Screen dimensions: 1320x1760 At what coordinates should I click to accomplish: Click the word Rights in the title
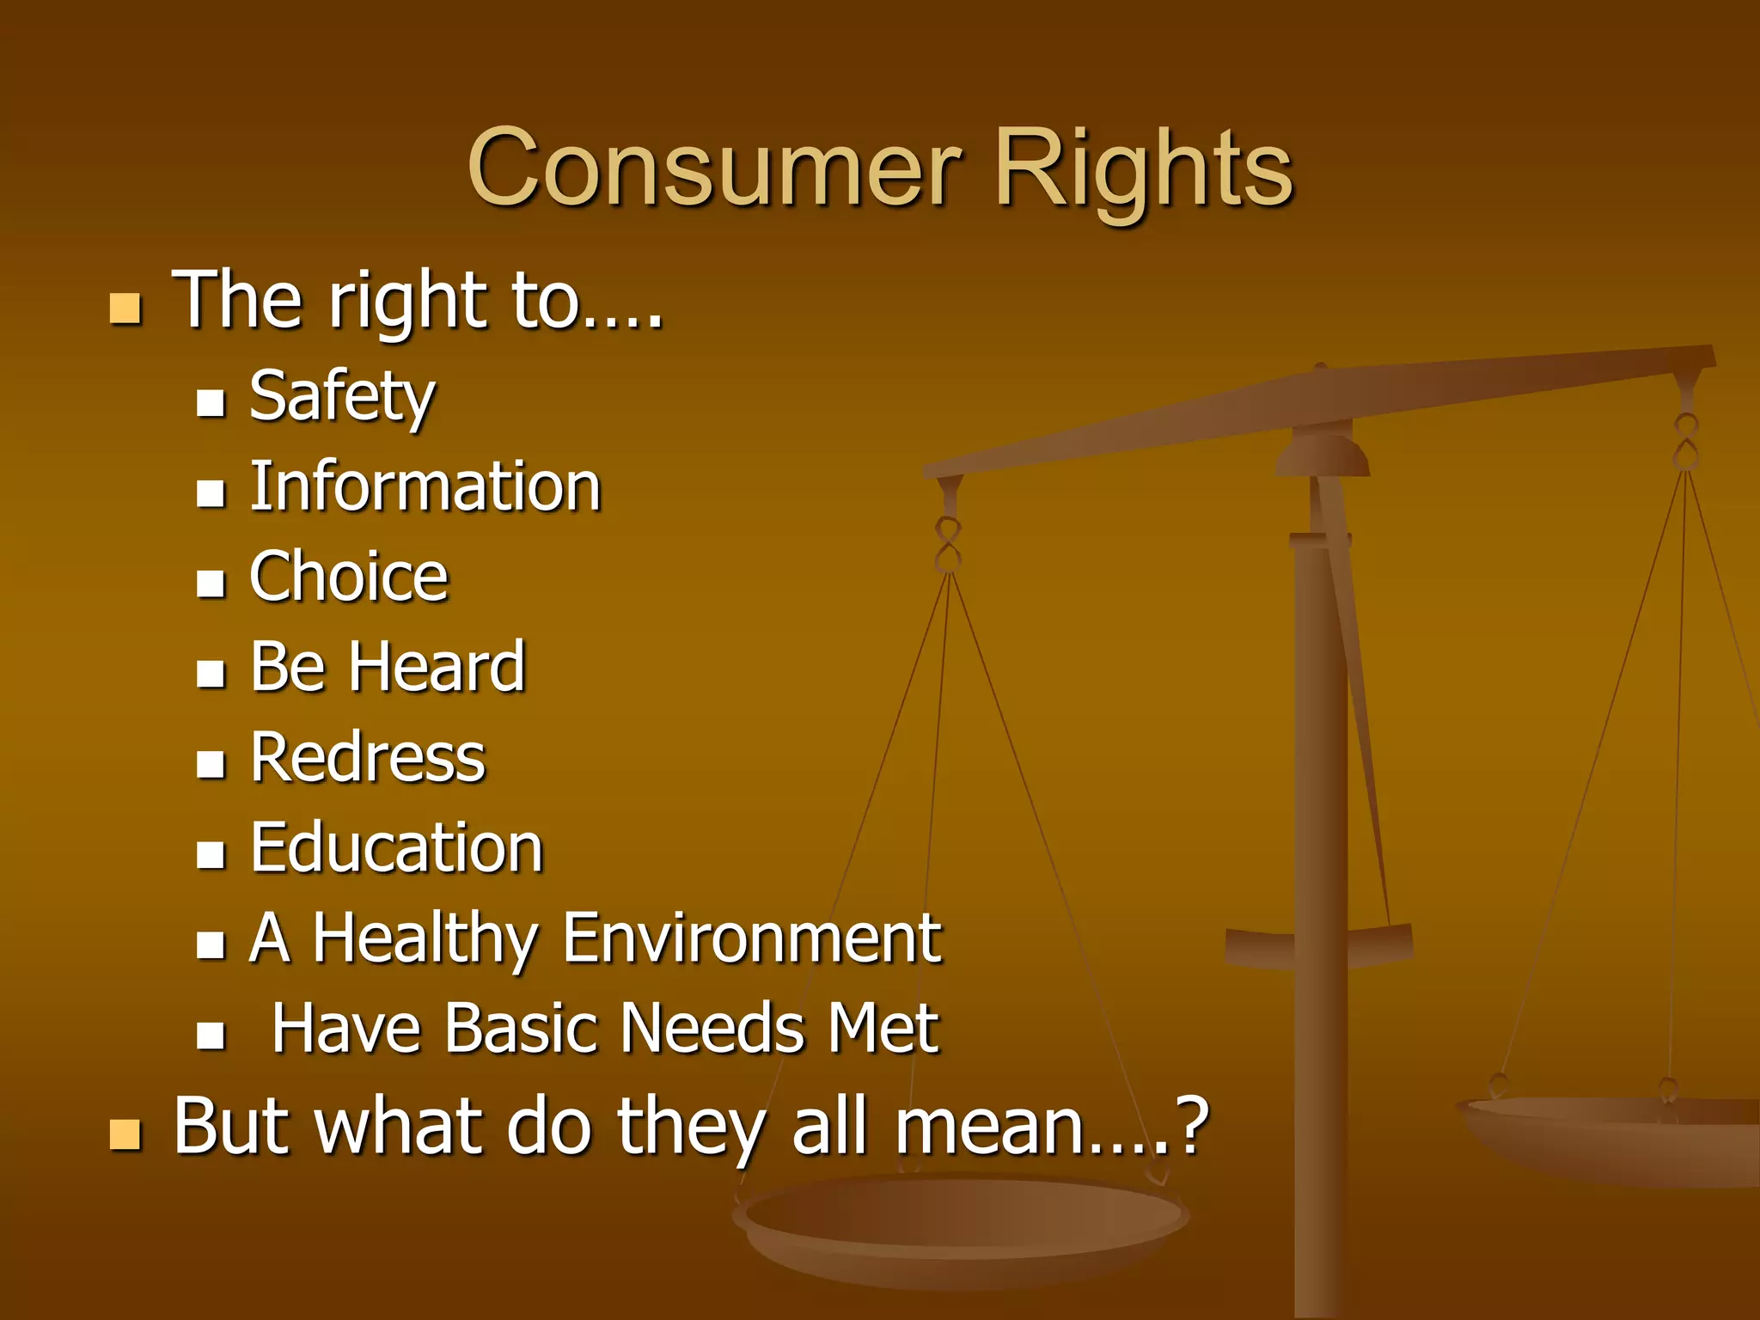[1143, 169]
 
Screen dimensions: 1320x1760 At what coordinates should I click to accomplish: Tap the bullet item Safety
[342, 397]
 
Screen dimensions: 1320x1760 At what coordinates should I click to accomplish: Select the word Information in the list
[425, 487]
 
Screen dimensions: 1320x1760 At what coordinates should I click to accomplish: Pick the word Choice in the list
[349, 577]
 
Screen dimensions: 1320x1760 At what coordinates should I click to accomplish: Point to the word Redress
[368, 758]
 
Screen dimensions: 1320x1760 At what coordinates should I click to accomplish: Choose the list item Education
[396, 848]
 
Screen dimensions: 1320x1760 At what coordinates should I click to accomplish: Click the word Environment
[752, 938]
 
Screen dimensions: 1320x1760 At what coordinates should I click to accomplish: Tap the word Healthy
[424, 938]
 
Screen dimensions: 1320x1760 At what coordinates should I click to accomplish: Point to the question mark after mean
[1194, 1126]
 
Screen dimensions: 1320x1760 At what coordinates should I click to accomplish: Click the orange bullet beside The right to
[125, 309]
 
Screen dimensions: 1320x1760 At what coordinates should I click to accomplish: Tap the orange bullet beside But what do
[125, 1134]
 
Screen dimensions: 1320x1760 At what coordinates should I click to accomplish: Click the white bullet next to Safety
[211, 402]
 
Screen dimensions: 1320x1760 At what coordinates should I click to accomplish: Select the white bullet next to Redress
[211, 763]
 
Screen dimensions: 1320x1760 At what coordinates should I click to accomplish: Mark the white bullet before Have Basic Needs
[211, 1035]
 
